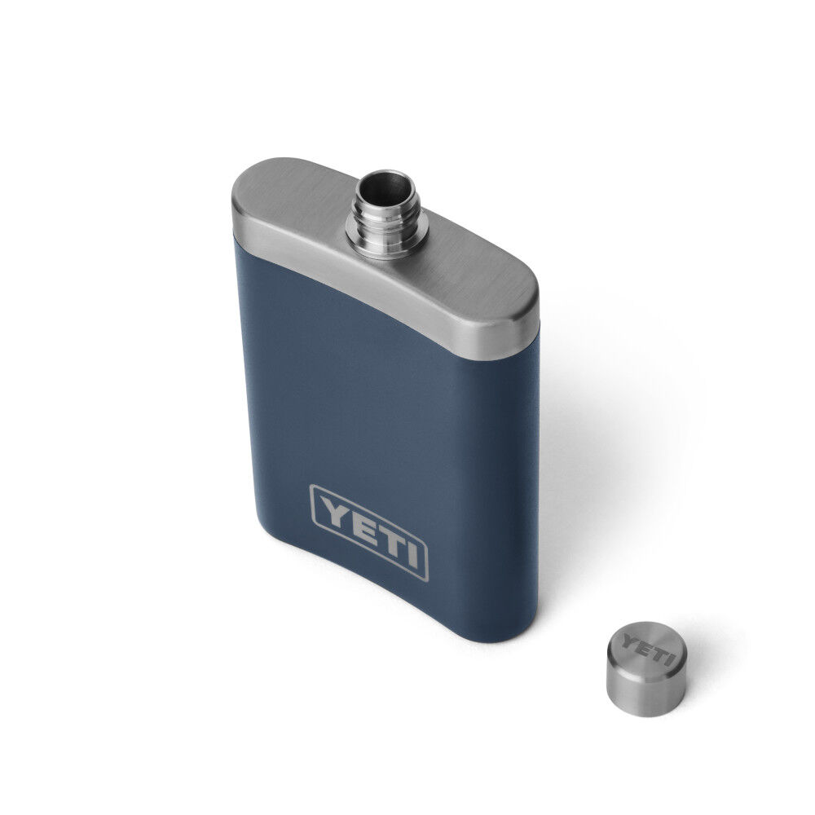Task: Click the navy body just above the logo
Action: click(383, 456)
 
